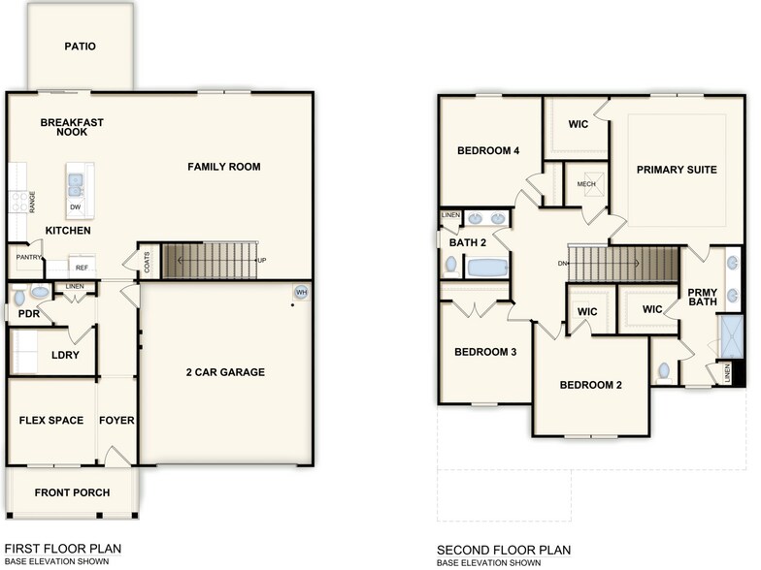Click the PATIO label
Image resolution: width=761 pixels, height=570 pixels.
(x=80, y=46)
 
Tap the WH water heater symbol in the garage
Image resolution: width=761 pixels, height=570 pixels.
(x=301, y=293)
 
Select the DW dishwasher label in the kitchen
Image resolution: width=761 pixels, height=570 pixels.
(x=75, y=206)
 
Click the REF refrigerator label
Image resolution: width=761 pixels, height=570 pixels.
(x=82, y=267)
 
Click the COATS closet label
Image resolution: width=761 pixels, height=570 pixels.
(x=147, y=262)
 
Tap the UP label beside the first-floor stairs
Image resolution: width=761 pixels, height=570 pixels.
(x=261, y=261)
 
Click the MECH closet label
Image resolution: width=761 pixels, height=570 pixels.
(x=586, y=184)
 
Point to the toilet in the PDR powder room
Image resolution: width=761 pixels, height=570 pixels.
(x=40, y=292)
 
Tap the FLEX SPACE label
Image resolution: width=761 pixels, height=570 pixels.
(x=51, y=421)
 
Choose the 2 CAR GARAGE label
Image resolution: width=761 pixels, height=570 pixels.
(x=225, y=372)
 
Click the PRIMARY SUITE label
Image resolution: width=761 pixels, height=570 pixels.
(x=677, y=170)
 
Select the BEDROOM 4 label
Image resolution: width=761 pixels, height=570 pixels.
(x=488, y=150)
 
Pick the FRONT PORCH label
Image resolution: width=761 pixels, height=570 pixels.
(x=72, y=492)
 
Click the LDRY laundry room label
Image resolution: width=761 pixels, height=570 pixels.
(x=65, y=355)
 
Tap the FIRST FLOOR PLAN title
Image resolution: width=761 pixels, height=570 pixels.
(x=63, y=549)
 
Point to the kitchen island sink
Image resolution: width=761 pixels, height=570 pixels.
(x=76, y=181)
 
